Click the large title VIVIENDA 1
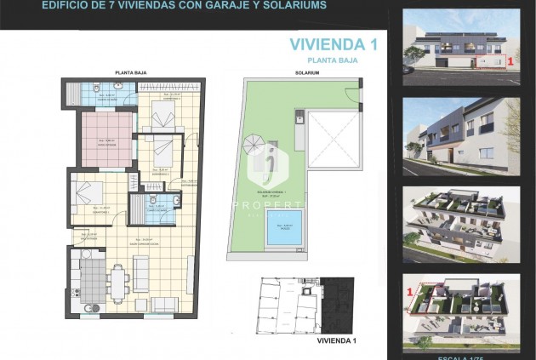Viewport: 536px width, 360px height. coord(334,44)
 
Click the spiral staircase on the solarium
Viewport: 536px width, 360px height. coord(254,146)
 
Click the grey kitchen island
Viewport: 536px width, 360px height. coord(91,277)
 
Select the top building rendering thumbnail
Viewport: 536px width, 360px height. coord(460,47)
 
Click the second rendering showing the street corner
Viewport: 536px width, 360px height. coord(460,129)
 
